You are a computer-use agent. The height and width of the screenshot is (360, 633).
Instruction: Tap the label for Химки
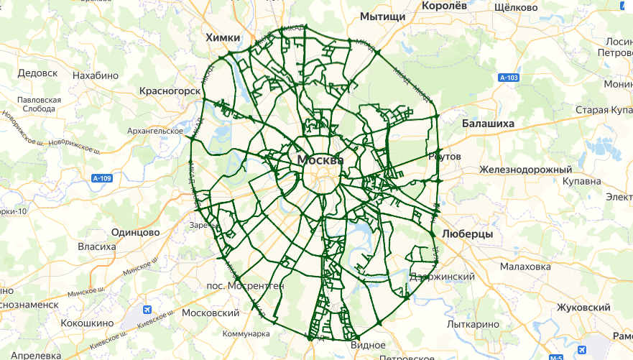point(223,37)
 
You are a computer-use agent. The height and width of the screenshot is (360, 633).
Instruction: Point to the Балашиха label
point(488,124)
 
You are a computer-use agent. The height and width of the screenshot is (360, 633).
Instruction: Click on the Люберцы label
point(467,235)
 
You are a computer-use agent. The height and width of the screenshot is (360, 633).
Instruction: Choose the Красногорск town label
point(169,92)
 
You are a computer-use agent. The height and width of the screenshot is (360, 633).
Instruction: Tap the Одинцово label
point(135,232)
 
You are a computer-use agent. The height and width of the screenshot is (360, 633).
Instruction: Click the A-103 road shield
point(508,77)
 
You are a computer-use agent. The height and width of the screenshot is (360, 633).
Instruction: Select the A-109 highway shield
point(103,178)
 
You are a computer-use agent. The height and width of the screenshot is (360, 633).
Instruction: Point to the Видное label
point(367,345)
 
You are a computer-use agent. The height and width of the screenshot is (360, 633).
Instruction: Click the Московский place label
point(210,313)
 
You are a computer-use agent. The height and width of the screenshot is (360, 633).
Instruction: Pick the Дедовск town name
point(37,73)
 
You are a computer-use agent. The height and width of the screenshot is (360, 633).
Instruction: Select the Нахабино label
point(96,74)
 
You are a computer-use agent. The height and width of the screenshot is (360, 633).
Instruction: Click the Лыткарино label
point(473,324)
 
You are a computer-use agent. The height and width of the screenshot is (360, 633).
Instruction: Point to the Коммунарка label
point(246,334)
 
